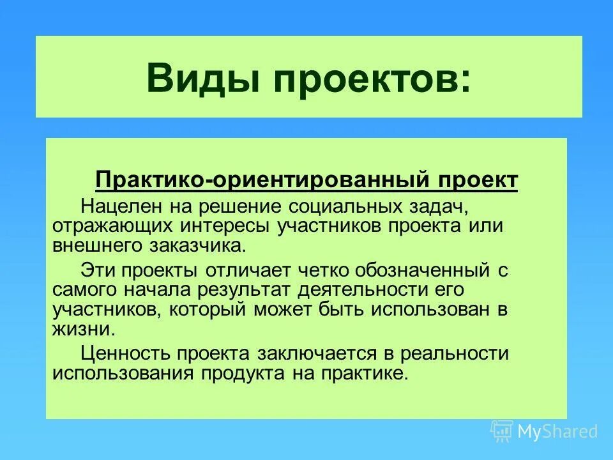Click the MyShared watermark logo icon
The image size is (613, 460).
[502, 431]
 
